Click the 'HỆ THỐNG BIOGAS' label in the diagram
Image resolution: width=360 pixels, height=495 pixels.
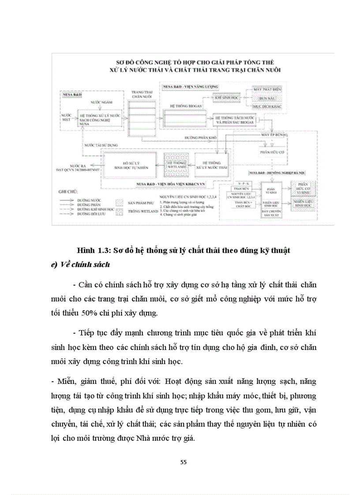[180, 106]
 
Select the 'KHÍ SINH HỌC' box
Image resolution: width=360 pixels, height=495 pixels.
[227, 99]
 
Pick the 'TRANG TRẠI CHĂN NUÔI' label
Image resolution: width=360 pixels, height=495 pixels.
[139, 94]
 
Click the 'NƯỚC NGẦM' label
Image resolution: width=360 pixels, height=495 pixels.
[99, 102]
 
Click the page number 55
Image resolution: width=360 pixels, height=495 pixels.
[184, 462]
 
